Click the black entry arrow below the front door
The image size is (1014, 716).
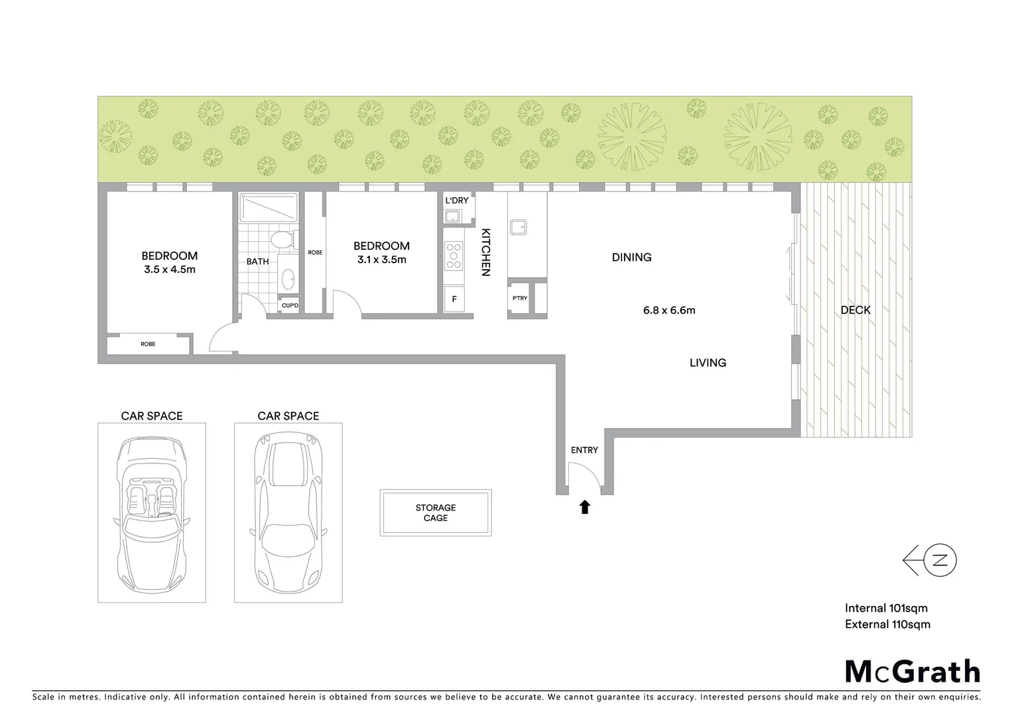[x=584, y=507]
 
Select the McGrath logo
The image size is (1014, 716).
[x=912, y=672]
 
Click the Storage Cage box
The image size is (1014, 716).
[x=436, y=512]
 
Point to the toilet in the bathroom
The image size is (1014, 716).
[x=281, y=240]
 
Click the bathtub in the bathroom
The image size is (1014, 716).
[x=269, y=208]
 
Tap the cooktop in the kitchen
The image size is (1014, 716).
[x=454, y=255]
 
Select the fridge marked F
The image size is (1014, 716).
[x=454, y=299]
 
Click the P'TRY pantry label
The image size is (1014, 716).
[x=520, y=298]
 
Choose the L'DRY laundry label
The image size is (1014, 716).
[x=456, y=200]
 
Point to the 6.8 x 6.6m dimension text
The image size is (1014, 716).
[x=669, y=310]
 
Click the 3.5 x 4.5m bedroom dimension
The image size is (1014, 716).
[x=170, y=269]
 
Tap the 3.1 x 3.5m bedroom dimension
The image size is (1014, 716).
[x=381, y=259]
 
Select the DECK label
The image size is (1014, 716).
[x=856, y=310]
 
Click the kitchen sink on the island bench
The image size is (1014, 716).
[x=519, y=227]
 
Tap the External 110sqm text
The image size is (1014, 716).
[x=887, y=624]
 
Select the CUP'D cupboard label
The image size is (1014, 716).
[x=290, y=306]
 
